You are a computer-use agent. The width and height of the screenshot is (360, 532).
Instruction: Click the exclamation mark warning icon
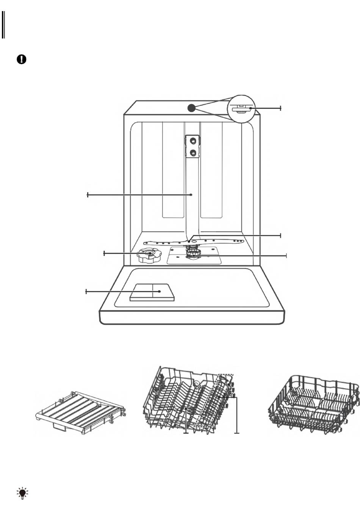(x=22, y=60)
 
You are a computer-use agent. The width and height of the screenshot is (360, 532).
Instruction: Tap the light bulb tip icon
(x=23, y=493)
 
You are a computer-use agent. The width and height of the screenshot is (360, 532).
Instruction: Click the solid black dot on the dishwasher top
(x=191, y=108)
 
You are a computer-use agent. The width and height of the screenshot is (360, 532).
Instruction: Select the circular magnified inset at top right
(x=241, y=109)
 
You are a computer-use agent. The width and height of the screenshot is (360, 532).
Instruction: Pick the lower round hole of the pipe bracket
(x=193, y=152)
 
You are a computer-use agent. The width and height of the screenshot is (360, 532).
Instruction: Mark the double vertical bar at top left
(x=3, y=25)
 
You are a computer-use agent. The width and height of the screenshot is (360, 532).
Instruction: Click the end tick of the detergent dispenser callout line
(x=86, y=291)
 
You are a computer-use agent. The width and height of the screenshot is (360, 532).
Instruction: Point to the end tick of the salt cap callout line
(x=104, y=253)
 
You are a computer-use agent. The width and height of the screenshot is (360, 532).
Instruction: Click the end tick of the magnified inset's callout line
(x=281, y=108)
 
